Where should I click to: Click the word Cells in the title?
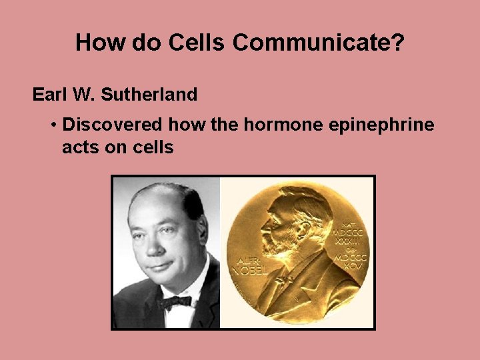coord(198,42)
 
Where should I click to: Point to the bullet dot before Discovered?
coord(53,125)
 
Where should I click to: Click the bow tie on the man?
coord(174,301)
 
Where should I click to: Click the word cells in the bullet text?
coord(151,147)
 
